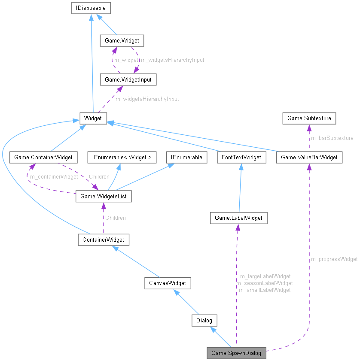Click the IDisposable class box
[x=91, y=7]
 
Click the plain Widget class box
[x=93, y=118]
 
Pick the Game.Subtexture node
[x=309, y=118]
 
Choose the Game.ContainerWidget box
[x=43, y=157]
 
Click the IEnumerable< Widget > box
[x=120, y=157]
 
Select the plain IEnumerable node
[x=187, y=157]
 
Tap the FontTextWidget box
[x=241, y=157]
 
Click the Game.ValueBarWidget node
[x=309, y=157]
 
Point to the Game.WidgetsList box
[x=104, y=197]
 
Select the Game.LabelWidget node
[x=238, y=218]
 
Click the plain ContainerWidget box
[x=103, y=240]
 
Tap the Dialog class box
[x=204, y=320]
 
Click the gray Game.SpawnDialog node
[x=237, y=353]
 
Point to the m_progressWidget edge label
[x=334, y=259]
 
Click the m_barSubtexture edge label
[x=332, y=138]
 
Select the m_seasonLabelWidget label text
[x=265, y=283]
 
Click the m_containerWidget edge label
[x=54, y=176]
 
